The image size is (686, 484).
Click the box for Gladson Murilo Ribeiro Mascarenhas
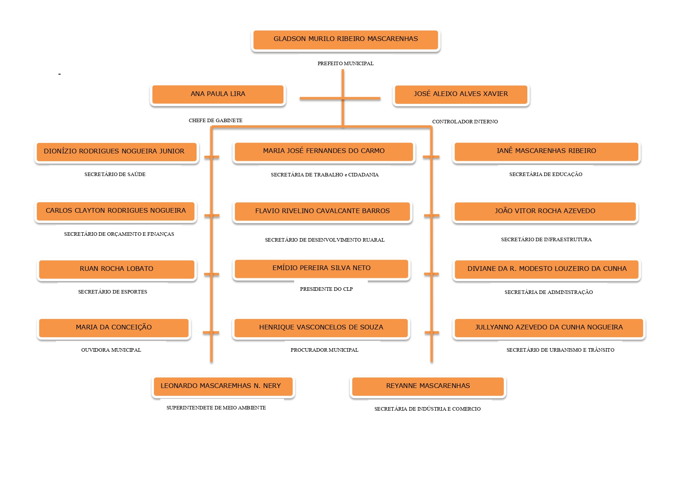[x=346, y=40]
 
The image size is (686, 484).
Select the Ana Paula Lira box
[x=218, y=94]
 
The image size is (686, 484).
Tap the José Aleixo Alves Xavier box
[x=461, y=94]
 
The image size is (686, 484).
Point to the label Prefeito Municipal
[x=346, y=63]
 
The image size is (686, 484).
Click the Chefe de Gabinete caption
[x=215, y=120]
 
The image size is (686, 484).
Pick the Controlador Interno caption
[x=465, y=121]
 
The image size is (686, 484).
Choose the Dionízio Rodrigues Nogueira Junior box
[x=116, y=152]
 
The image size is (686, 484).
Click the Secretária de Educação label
[x=546, y=174]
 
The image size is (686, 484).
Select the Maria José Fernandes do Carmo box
[x=324, y=152]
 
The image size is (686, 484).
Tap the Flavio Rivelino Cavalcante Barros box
[x=322, y=212]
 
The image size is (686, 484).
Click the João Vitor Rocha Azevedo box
[x=545, y=212]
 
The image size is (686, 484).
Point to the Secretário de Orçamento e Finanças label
[x=119, y=234]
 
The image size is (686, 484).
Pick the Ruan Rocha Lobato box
[x=116, y=269]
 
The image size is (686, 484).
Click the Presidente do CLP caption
[x=326, y=289]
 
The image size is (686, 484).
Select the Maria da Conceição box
[x=114, y=328]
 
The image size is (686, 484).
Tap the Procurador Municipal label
[x=324, y=350]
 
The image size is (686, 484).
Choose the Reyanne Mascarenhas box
[x=428, y=386]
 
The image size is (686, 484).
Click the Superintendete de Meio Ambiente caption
[x=216, y=407]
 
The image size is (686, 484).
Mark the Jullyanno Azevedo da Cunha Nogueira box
[x=549, y=328]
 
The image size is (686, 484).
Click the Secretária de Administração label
[x=548, y=292]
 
